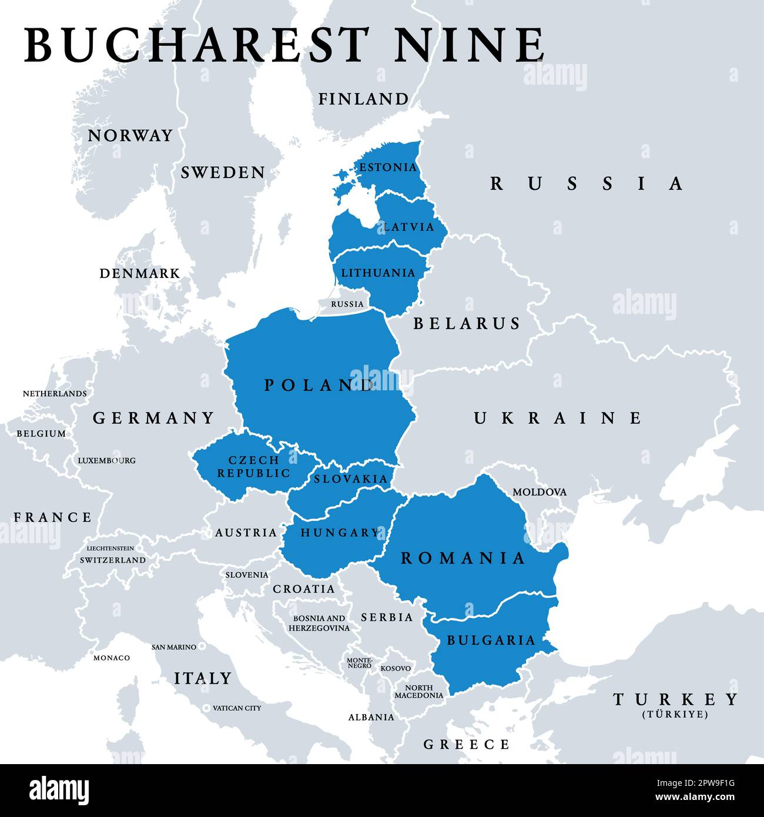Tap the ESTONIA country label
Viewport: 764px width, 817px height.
[x=388, y=168]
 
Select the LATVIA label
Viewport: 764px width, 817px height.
[x=409, y=227]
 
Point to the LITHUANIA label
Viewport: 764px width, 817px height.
[x=378, y=273]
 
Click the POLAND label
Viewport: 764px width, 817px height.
[x=319, y=386]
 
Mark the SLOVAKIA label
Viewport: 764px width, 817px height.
[x=351, y=479]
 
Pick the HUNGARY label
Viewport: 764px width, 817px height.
[x=340, y=533]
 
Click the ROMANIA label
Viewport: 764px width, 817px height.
[x=463, y=558]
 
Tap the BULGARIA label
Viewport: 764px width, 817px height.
[x=491, y=640]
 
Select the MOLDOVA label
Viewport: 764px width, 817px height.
[x=540, y=492]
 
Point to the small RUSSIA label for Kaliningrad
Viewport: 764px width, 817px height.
[x=347, y=304]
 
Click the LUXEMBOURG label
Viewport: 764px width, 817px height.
[x=106, y=460]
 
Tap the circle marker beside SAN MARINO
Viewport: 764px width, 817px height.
[x=202, y=647]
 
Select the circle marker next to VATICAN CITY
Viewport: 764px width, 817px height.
[x=206, y=708]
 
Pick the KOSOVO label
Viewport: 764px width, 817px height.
[x=396, y=668]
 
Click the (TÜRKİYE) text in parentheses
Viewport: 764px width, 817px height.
[x=675, y=715]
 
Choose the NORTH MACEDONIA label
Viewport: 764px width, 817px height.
[x=418, y=692]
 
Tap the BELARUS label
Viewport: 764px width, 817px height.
[x=467, y=323]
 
